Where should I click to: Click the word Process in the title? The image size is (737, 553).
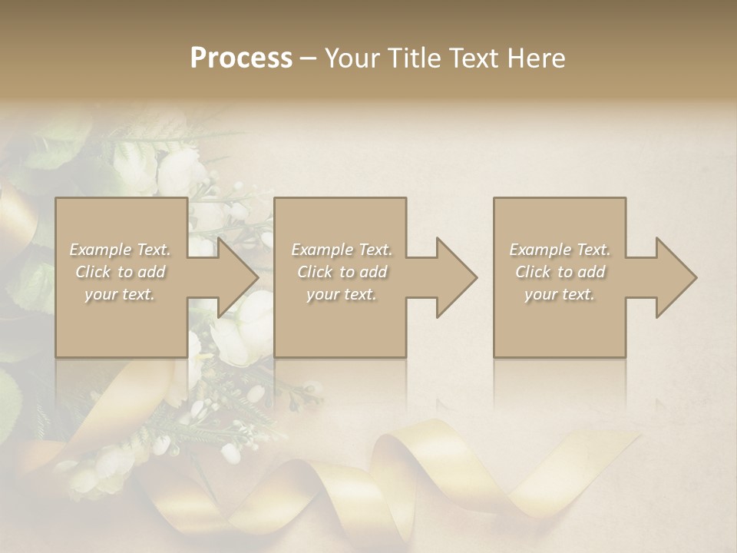coord(241,58)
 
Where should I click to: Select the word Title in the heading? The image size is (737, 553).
coord(413,58)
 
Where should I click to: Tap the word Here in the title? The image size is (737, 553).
coord(537,58)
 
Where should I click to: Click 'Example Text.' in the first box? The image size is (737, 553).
coord(120,250)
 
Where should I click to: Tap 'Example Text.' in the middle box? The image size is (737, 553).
coord(342,250)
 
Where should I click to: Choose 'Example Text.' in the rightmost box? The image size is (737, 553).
coord(560,250)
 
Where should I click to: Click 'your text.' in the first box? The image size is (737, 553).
coord(120,294)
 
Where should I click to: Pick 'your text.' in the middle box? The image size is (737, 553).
coord(342,294)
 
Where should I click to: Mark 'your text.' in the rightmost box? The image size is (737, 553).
coord(560,294)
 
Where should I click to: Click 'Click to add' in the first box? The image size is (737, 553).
coord(120,272)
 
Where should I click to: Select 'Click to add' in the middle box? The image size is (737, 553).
coord(342,272)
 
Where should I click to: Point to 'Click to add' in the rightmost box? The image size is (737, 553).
coord(560,272)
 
